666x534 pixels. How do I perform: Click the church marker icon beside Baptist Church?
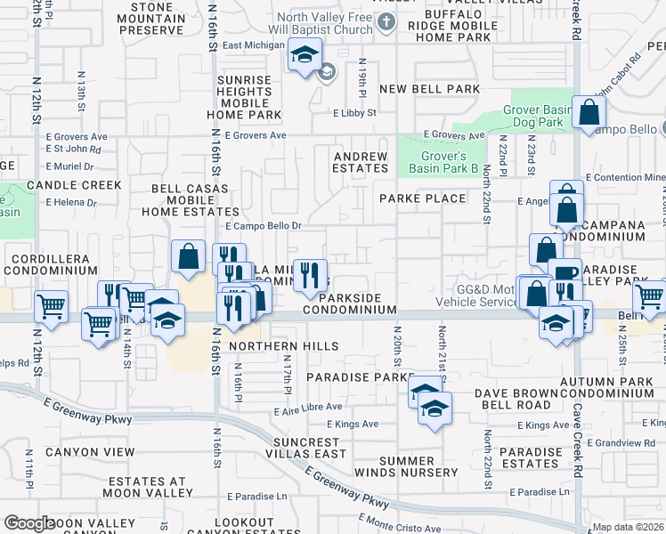[x=386, y=22]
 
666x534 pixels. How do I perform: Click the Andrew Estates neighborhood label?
[x=361, y=162]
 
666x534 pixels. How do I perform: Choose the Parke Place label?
[x=422, y=198]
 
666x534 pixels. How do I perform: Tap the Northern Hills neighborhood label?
[x=283, y=345]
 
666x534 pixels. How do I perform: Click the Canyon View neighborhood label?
[x=90, y=452]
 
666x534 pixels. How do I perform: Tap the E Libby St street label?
[x=355, y=113]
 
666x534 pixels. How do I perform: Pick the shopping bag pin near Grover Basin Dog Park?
[x=589, y=113]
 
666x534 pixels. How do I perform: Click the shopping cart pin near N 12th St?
[x=51, y=307]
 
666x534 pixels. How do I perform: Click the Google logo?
[x=29, y=523]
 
